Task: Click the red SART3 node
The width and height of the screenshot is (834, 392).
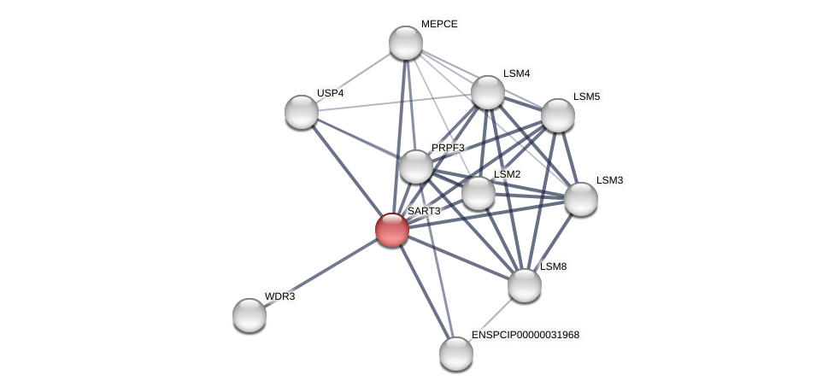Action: (392, 230)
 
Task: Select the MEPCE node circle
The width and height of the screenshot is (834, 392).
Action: (406, 43)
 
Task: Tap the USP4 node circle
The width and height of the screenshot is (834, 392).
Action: (302, 112)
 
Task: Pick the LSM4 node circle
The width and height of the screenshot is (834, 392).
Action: (488, 92)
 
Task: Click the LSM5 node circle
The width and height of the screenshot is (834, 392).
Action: (558, 115)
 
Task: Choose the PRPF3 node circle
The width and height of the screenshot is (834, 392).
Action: (416, 167)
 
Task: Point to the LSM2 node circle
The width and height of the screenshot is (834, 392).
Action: (479, 193)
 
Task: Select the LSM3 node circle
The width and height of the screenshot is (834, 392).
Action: (581, 199)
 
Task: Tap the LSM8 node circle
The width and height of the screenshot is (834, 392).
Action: (525, 285)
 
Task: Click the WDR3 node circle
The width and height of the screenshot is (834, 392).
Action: (250, 315)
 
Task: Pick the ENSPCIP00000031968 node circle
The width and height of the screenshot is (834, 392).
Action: (456, 354)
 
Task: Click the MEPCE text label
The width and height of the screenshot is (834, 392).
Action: (439, 24)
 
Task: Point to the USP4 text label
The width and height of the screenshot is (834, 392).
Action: (330, 93)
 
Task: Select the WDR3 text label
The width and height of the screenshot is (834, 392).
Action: (279, 296)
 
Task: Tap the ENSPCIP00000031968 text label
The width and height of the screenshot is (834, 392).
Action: (526, 335)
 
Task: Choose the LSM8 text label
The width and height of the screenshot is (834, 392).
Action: (553, 266)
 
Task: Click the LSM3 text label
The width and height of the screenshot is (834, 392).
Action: (609, 180)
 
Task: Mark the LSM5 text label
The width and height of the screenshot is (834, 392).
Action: (586, 97)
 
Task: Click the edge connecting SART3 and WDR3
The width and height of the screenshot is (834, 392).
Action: (320, 272)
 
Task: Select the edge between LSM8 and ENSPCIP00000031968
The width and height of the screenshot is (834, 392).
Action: (490, 319)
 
